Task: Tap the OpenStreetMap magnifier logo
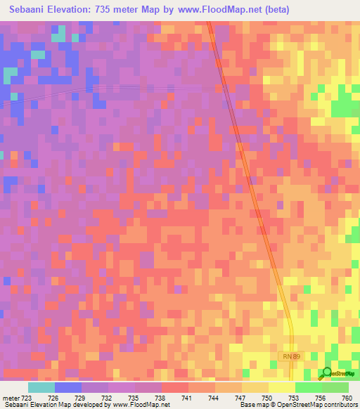(x=327, y=374)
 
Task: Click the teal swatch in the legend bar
(x=41, y=387)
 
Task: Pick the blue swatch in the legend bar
(x=68, y=387)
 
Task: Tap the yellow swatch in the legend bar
(x=282, y=387)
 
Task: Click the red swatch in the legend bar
(x=175, y=387)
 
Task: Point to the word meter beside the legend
(x=12, y=398)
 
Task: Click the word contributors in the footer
(x=339, y=405)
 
